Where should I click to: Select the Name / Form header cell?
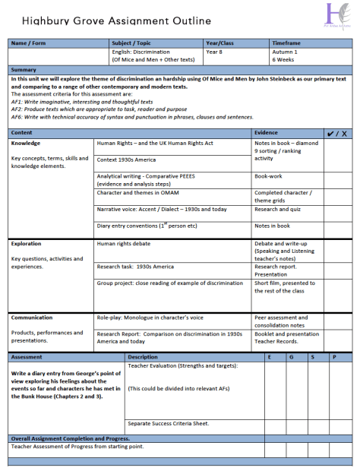(x=30, y=43)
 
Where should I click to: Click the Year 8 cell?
(x=216, y=51)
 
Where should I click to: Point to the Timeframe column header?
(x=286, y=43)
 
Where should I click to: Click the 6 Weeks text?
(x=284, y=58)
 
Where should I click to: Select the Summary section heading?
(x=24, y=70)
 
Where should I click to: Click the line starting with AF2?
(x=103, y=109)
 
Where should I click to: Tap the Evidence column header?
(x=267, y=132)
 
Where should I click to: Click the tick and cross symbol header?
(x=336, y=133)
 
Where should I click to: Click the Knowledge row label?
(x=27, y=143)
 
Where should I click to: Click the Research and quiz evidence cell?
(x=278, y=209)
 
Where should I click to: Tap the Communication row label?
(x=33, y=318)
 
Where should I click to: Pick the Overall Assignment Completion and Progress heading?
(x=70, y=438)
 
